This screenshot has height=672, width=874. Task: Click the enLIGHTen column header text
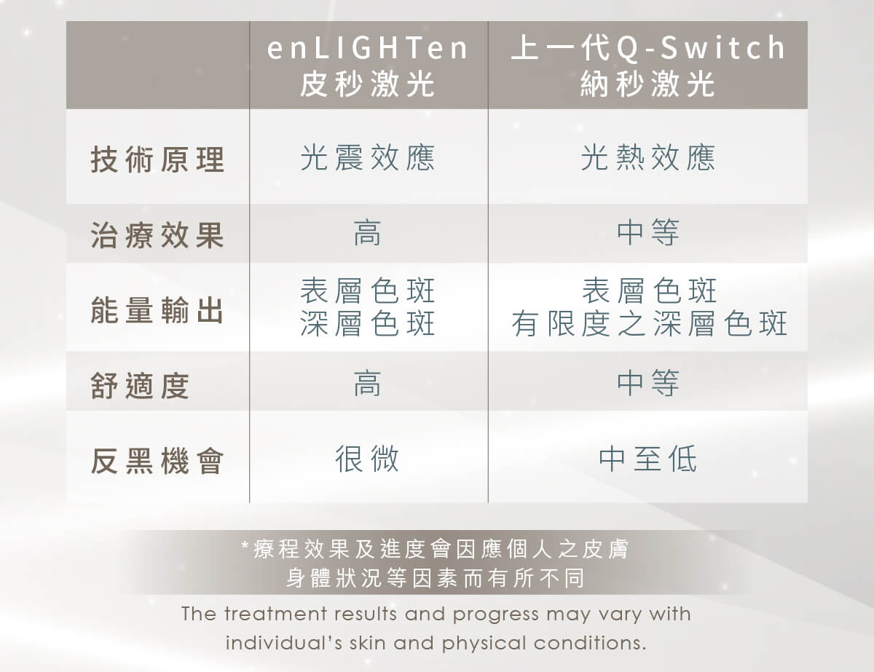(368, 66)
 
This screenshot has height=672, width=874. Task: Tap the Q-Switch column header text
(648, 66)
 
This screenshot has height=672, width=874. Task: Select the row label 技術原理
(157, 159)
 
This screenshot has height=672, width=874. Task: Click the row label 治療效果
(157, 235)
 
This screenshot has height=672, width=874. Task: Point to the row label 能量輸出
(157, 310)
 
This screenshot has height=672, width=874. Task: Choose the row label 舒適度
(140, 385)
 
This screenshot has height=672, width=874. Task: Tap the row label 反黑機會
(157, 461)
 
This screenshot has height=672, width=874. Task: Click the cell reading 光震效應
(368, 157)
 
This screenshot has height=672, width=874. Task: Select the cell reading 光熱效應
(648, 157)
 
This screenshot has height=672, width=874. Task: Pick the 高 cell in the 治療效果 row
(367, 233)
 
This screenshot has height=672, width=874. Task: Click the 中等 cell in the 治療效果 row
(648, 233)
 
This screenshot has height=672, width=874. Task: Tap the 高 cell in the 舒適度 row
(367, 384)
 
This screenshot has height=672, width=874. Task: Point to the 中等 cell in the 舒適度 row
(648, 384)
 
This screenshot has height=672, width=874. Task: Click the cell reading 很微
(367, 459)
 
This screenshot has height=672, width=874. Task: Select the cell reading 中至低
(648, 459)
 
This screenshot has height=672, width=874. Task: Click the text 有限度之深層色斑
(649, 323)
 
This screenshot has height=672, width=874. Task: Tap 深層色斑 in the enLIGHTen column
(368, 323)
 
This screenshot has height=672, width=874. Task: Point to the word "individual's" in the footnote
(283, 643)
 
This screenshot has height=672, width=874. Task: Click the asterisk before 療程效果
(245, 545)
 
